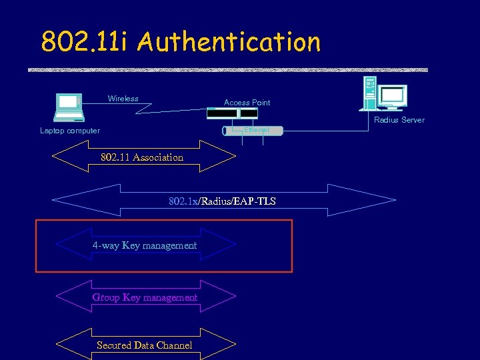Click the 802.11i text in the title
[87, 42]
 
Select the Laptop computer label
[70, 131]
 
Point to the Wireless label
[123, 99]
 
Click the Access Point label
[247, 103]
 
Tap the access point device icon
[232, 114]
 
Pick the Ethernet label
[257, 130]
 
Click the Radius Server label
[399, 120]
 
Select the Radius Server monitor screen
[393, 97]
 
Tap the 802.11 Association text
[141, 157]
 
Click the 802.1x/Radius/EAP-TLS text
[222, 201]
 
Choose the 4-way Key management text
[145, 245]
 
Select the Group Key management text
[145, 297]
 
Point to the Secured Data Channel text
[144, 345]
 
